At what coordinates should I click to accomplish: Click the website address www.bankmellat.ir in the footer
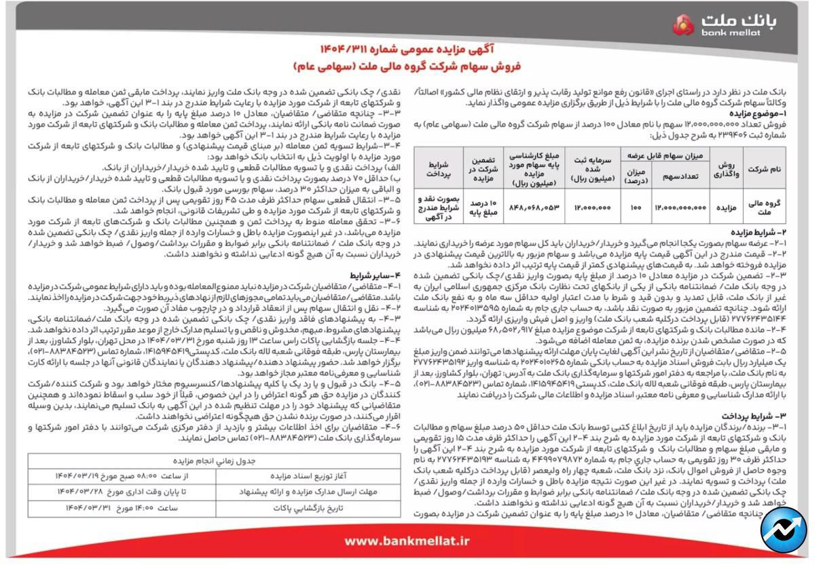point(407,541)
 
